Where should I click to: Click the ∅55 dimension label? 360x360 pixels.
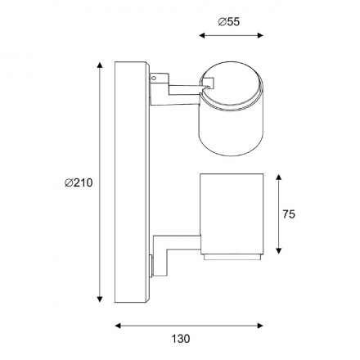click(x=229, y=21)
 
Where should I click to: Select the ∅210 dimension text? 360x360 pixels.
click(x=79, y=182)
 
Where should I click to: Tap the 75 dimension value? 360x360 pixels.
click(x=289, y=214)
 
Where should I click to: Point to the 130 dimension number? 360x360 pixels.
click(x=181, y=339)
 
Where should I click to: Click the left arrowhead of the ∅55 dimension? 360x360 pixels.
click(x=202, y=35)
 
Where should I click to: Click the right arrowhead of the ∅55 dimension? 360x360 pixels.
click(x=260, y=35)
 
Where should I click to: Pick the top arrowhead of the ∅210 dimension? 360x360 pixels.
click(x=100, y=65)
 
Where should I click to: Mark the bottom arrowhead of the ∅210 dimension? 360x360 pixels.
click(x=100, y=299)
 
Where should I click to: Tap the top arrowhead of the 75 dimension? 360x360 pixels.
click(x=278, y=178)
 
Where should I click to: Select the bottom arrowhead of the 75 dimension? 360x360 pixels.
click(x=278, y=250)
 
